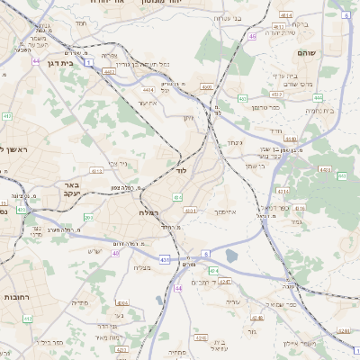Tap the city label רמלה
click(149, 211)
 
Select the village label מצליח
click(142, 267)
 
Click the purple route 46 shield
click(253, 36)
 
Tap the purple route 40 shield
click(115, 253)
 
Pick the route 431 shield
click(165, 259)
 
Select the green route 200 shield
click(87, 217)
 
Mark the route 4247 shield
click(225, 283)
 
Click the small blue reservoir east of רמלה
click(232, 256)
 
